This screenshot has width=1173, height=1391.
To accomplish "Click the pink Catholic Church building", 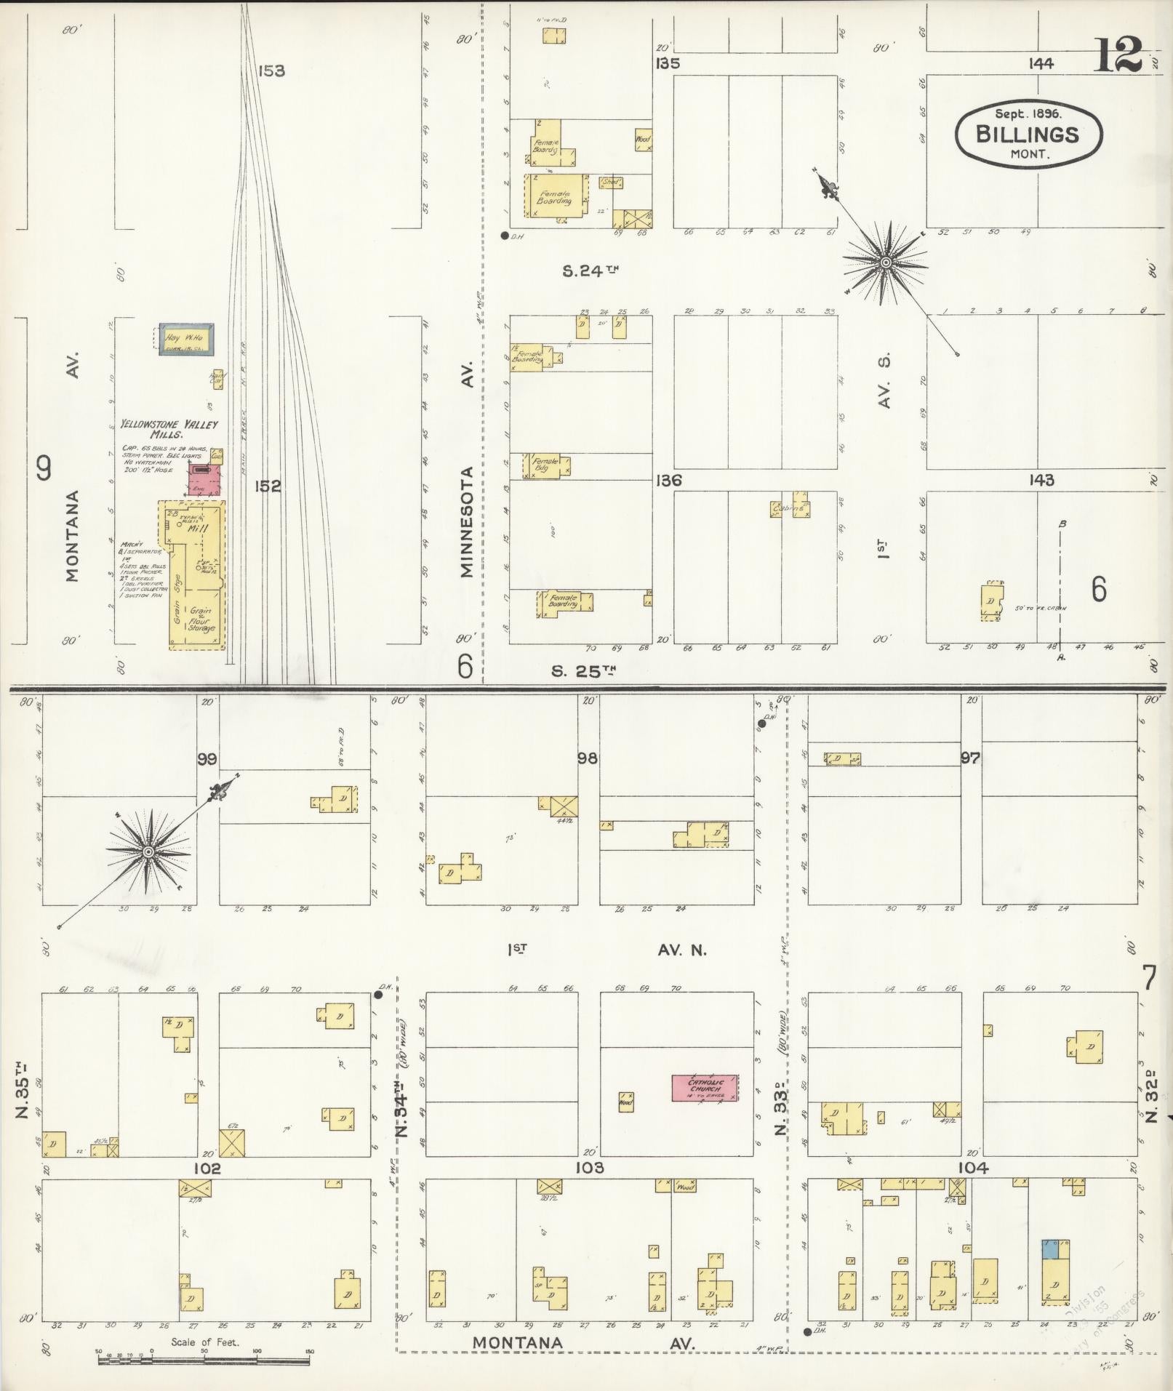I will tap(704, 1087).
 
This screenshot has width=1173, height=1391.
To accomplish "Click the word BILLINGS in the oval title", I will tap(1027, 135).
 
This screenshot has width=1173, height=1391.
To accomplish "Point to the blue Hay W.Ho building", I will tap(186, 339).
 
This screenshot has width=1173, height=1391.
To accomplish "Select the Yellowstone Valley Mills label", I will tap(169, 428).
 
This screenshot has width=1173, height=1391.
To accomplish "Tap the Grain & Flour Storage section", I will tap(201, 620).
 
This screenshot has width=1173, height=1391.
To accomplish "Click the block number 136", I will tap(668, 481).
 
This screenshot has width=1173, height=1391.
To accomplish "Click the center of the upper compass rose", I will tap(886, 262).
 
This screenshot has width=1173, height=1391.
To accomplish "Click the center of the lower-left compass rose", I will tap(148, 851).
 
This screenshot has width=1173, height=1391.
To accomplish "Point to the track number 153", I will tap(271, 71).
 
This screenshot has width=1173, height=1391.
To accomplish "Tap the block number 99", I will tap(207, 759).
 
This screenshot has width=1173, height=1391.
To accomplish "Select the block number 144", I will tap(1041, 64).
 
